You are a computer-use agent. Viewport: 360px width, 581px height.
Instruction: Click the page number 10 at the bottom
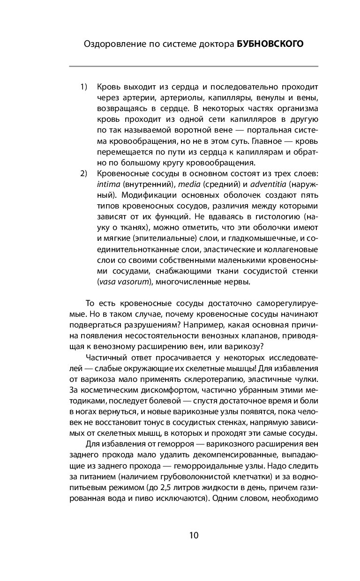tap(194, 535)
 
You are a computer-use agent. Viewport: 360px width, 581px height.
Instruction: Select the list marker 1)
tap(84, 87)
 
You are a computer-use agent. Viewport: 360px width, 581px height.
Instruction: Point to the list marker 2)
tap(84, 174)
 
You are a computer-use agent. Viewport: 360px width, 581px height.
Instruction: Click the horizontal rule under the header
tap(194, 66)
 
